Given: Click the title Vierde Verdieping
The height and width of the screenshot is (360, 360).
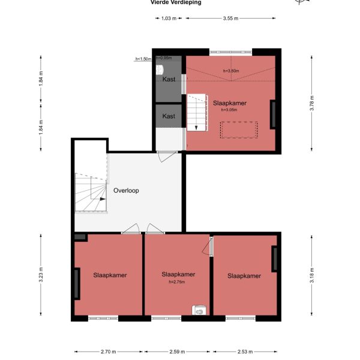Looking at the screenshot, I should (175, 2).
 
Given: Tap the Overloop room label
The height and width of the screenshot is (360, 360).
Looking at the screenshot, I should (126, 191).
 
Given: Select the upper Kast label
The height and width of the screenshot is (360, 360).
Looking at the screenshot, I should (169, 79).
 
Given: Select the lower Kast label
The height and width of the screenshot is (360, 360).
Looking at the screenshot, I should (169, 116).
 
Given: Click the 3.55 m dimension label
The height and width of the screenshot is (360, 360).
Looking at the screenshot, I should (230, 19).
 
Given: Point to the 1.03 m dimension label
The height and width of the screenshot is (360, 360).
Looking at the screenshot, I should (169, 19).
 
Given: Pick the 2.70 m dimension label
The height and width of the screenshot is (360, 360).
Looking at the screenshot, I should (108, 352).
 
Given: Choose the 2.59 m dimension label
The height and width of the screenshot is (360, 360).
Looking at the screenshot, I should (178, 352).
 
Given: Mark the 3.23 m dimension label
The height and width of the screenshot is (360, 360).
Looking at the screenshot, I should (41, 274).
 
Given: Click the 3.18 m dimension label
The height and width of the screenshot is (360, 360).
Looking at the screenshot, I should (312, 273).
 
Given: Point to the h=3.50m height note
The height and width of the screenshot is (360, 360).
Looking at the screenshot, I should (230, 71).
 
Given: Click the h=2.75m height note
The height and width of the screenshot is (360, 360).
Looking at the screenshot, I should (178, 281).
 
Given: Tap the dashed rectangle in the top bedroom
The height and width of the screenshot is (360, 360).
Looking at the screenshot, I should (239, 130).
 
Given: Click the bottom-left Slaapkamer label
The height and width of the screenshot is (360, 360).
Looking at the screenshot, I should (110, 275).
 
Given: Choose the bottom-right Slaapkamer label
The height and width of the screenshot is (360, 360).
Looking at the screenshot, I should (244, 276).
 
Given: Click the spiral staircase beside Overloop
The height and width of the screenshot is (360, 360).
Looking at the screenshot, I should (90, 193).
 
